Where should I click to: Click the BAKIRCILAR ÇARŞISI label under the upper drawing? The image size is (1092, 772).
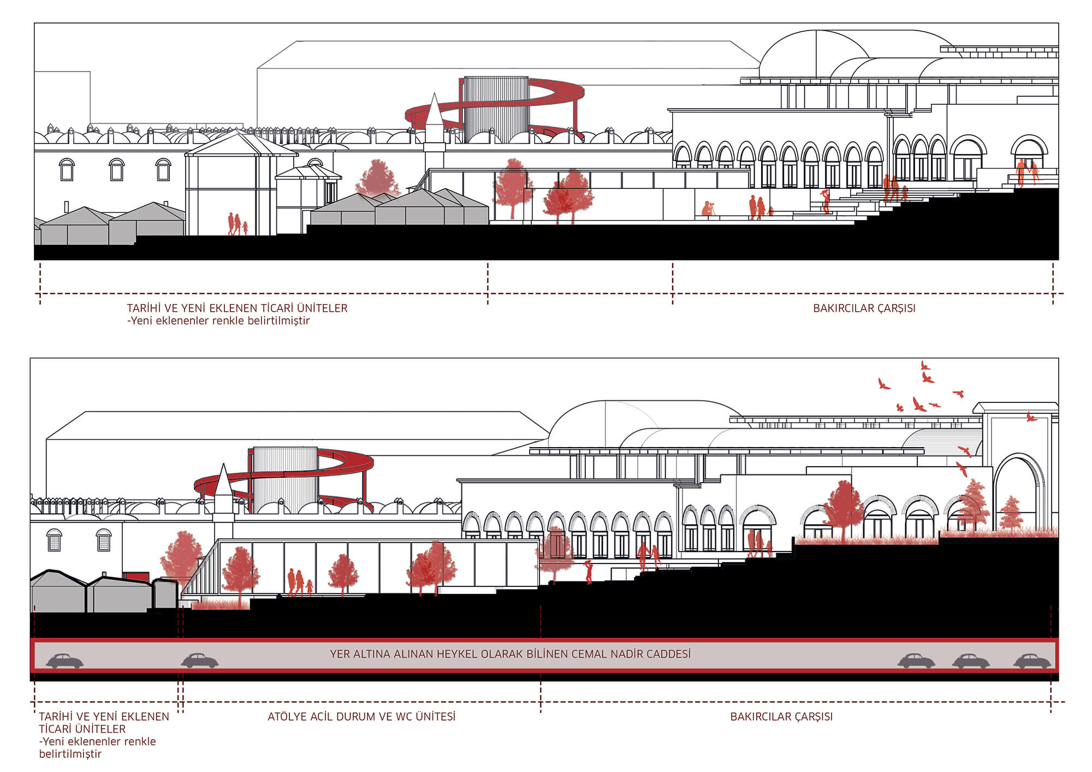pos(864,308)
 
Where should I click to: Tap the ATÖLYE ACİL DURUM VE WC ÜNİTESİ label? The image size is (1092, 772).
pos(361,716)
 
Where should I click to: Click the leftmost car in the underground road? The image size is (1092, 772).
pos(64,661)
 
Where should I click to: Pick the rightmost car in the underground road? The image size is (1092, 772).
pos(1032,661)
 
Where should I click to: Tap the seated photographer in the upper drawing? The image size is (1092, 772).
pos(709,209)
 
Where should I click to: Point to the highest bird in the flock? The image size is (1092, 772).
pos(924,365)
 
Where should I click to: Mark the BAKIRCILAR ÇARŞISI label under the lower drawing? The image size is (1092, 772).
pos(781,716)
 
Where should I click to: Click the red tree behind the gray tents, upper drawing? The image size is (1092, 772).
pos(377,177)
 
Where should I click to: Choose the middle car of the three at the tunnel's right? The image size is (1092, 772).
pos(971,661)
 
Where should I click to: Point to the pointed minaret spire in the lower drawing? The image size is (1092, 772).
pos(223,480)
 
